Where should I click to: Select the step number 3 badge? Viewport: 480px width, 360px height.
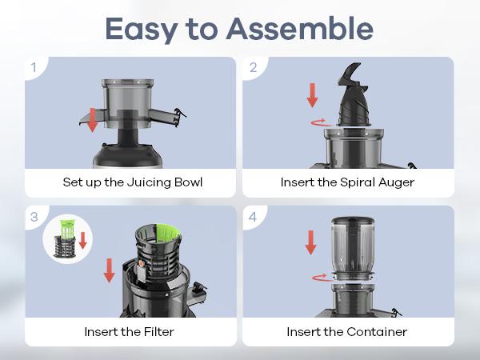click(33, 217)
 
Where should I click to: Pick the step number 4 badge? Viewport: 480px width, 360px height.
click(253, 217)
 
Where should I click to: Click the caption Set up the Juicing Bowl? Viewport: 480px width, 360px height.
click(132, 182)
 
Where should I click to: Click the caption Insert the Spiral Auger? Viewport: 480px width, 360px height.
click(347, 182)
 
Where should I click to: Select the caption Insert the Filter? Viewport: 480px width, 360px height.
click(132, 331)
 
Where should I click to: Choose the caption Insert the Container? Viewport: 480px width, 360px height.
click(347, 331)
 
